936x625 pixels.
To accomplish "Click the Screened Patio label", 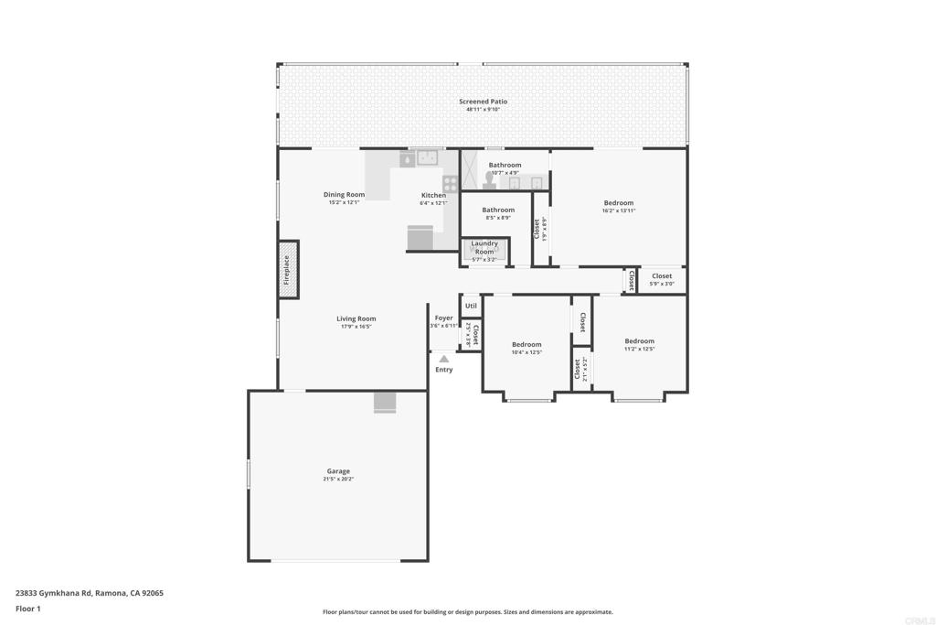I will (483, 102).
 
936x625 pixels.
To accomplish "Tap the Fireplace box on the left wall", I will (288, 269).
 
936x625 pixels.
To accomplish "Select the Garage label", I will (338, 471).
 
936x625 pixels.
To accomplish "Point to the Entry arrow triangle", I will (443, 359).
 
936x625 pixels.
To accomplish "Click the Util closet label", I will (471, 306).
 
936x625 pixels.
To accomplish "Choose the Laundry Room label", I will (484, 247).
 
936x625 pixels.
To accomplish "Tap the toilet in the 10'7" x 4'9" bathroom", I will (489, 182).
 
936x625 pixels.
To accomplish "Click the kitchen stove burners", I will (450, 183).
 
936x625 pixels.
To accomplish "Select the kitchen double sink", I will (427, 158).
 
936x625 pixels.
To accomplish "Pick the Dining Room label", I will (344, 194).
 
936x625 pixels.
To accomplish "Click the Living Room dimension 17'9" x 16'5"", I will (356, 327).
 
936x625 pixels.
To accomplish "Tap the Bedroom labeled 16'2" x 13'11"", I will (618, 203).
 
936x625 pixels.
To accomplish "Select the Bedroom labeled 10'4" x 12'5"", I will (526, 345).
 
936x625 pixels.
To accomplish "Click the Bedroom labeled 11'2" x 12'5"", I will (639, 341).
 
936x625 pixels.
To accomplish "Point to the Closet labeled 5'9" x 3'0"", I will (661, 276).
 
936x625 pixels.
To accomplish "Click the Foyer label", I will (443, 318).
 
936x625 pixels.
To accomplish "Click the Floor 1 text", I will (28, 609).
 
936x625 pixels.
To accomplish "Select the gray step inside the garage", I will (385, 403).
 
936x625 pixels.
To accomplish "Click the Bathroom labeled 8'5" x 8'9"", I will (498, 210).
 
